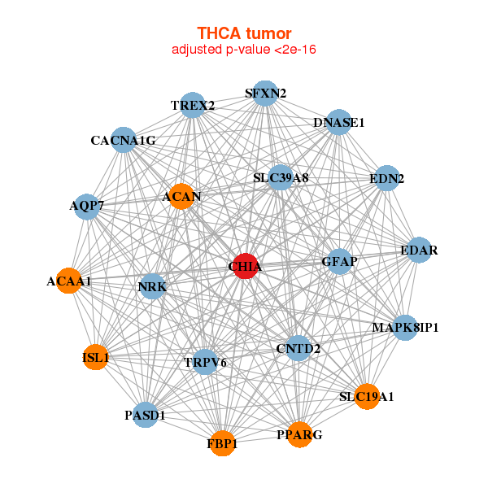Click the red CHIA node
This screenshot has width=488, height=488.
click(x=246, y=266)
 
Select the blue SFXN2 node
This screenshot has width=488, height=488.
click(x=264, y=93)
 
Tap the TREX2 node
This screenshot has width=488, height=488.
click(x=193, y=106)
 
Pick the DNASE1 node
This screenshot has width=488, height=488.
click(x=338, y=123)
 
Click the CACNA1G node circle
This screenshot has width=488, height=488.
click(x=123, y=140)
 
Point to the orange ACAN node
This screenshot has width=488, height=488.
click(x=181, y=197)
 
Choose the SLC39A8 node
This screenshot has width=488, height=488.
click(x=281, y=178)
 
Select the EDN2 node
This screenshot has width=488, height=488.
click(x=386, y=178)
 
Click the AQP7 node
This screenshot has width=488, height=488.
click(x=86, y=206)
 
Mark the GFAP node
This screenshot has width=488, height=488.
click(x=340, y=262)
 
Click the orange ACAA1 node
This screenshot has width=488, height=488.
click(x=69, y=281)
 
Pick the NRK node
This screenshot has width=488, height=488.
click(x=152, y=286)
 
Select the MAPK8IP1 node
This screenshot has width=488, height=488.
click(x=405, y=328)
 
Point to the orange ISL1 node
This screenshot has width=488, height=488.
click(x=96, y=357)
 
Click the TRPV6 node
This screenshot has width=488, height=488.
click(x=205, y=362)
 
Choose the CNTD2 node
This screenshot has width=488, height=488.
click(x=298, y=349)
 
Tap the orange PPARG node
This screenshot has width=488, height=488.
click(x=299, y=435)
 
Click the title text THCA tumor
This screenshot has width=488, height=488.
click(x=244, y=33)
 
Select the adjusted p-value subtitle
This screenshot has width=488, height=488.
click(x=244, y=50)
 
